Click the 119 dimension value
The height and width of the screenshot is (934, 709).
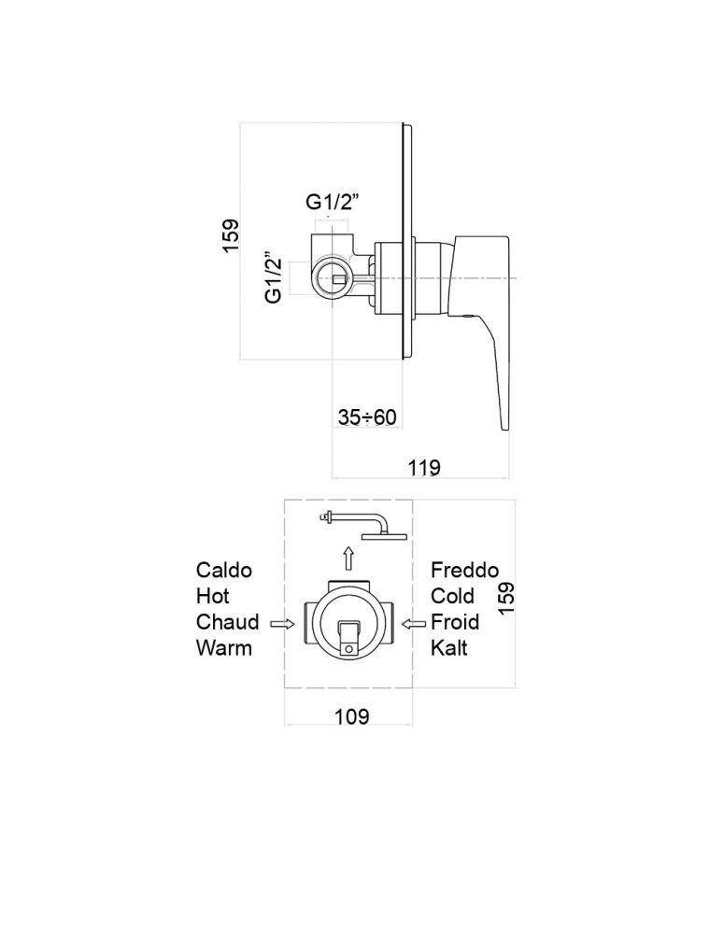tap(423, 467)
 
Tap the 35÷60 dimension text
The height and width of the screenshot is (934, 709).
tap(368, 417)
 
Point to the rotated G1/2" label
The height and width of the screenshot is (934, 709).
tap(274, 277)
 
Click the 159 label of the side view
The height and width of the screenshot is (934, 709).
tap(232, 236)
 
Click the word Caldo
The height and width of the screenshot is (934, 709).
tap(224, 570)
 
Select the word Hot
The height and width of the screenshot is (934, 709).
tap(213, 596)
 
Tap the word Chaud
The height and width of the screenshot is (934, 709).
tap(228, 621)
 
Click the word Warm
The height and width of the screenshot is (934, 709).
tap(224, 647)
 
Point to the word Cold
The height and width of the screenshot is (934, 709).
tap(453, 596)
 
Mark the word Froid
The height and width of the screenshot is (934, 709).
tap(455, 621)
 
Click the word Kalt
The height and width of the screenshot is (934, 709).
tap(449, 647)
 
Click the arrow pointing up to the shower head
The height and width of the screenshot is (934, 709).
tap(348, 559)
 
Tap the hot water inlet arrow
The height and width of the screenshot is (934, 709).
tap(281, 623)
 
